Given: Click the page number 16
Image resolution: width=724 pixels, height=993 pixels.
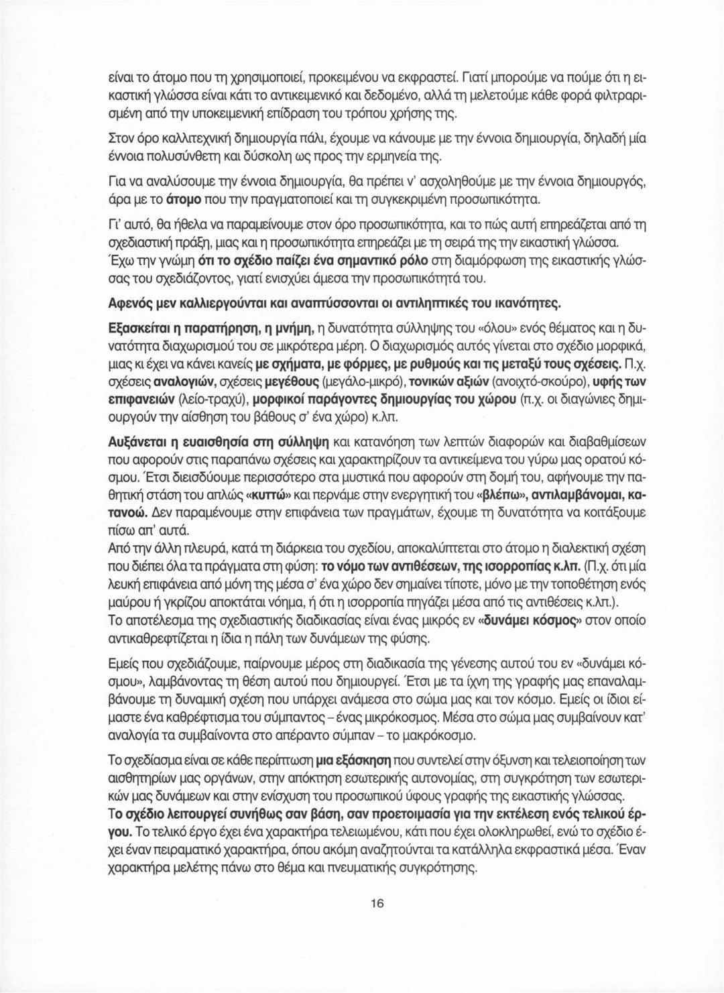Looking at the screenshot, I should tap(376, 903).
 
